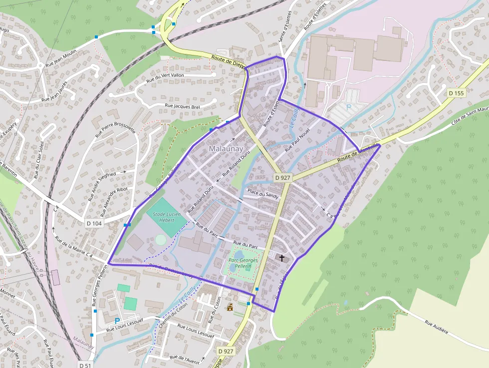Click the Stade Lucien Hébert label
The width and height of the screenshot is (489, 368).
[x=164, y=217]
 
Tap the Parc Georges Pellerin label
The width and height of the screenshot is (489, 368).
[x=243, y=263]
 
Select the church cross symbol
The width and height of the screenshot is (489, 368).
[x=282, y=258]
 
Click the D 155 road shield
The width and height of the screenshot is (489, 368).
[x=456, y=93]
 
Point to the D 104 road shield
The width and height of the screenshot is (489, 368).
[x=94, y=223]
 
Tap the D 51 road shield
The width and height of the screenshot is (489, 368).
[x=85, y=365]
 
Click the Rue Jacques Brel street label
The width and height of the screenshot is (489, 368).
[x=182, y=106]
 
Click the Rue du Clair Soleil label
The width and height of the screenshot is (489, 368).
[x=39, y=160]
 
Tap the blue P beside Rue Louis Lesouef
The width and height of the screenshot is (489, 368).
[x=117, y=322]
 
